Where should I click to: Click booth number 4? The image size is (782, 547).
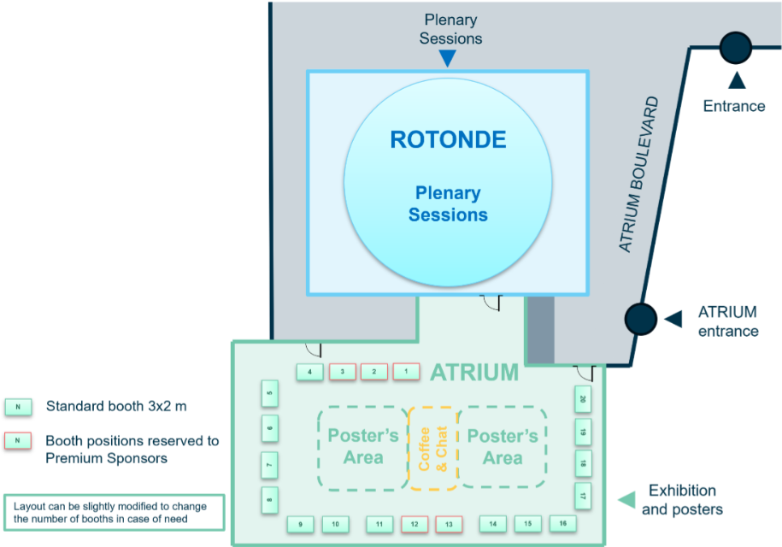tap(309, 372)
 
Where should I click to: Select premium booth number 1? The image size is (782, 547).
tap(406, 372)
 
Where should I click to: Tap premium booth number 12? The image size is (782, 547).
tap(414, 524)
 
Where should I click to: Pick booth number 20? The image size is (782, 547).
tap(583, 399)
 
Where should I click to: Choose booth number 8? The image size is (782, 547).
tap(270, 498)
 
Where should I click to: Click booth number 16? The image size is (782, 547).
tap(562, 523)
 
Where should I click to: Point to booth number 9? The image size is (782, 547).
tap(300, 524)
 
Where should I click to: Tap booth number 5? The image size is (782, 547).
tap(270, 394)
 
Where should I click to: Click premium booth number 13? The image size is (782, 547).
tap(449, 524)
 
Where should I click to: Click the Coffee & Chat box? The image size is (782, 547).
tap(433, 449)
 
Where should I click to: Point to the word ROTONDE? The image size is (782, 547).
tap(448, 140)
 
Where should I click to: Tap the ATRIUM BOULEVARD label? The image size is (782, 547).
tap(639, 174)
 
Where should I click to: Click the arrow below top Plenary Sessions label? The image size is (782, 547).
tap(447, 58)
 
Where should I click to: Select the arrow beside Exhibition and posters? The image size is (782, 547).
tap(626, 499)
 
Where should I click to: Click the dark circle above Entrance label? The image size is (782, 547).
tap(735, 47)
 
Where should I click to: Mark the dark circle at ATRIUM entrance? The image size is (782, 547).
tap(640, 319)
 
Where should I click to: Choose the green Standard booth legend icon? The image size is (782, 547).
tap(17, 407)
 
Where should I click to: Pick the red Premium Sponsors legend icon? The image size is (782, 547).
tap(17, 440)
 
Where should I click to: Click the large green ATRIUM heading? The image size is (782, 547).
tap(474, 373)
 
